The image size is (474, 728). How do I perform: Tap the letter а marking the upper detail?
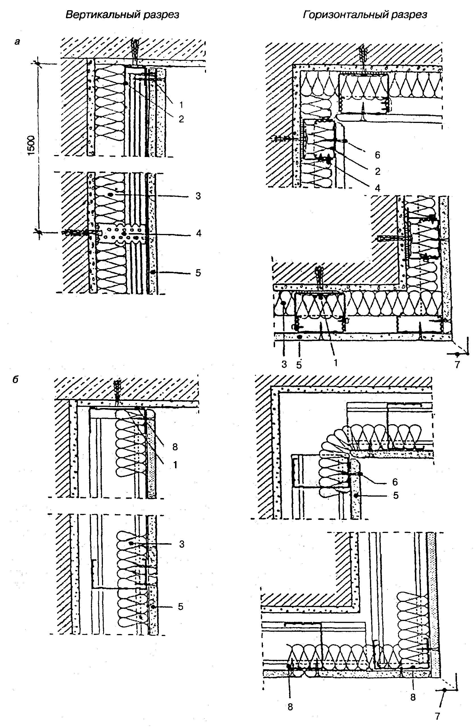coord(17,41)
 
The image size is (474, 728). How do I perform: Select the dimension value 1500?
coord(32,146)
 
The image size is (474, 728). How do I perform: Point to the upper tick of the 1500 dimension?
coord(38,64)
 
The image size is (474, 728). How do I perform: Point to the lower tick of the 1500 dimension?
coord(38,232)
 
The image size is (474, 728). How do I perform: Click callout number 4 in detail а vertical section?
coord(199,233)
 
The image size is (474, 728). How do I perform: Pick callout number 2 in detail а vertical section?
coord(181,119)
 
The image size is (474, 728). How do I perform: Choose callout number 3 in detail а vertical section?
coord(198,196)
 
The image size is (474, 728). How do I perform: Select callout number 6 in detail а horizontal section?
coord(378,155)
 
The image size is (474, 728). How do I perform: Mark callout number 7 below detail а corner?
coord(457,365)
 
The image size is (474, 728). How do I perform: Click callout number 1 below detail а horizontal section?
coord(336,363)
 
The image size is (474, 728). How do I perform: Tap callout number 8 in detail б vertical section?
coord(175,447)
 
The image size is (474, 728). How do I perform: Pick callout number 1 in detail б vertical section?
coord(175,465)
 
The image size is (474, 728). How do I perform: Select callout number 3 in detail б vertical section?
coord(182,544)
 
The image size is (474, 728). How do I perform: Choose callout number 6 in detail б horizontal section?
coord(395,482)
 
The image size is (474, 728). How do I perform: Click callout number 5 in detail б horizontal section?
coord(396,495)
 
